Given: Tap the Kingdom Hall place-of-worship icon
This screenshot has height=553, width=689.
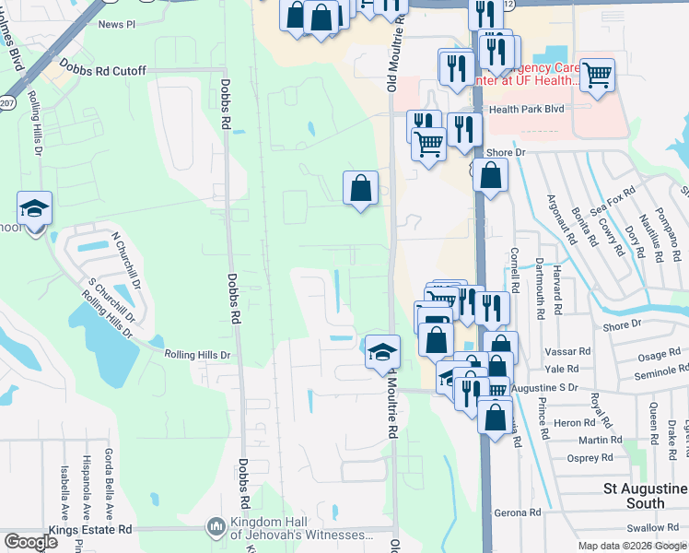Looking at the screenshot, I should (216, 526).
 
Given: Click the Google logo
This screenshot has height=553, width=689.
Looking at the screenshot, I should (30, 543).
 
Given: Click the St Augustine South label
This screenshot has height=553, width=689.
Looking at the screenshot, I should (645, 495).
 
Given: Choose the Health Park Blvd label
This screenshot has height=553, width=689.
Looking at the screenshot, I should (526, 109).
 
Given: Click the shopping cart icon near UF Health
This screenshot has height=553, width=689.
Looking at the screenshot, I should (597, 75).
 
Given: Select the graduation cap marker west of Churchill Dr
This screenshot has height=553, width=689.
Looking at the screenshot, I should (34, 209).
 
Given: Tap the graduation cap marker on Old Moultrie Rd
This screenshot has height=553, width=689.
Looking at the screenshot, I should (382, 351).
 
